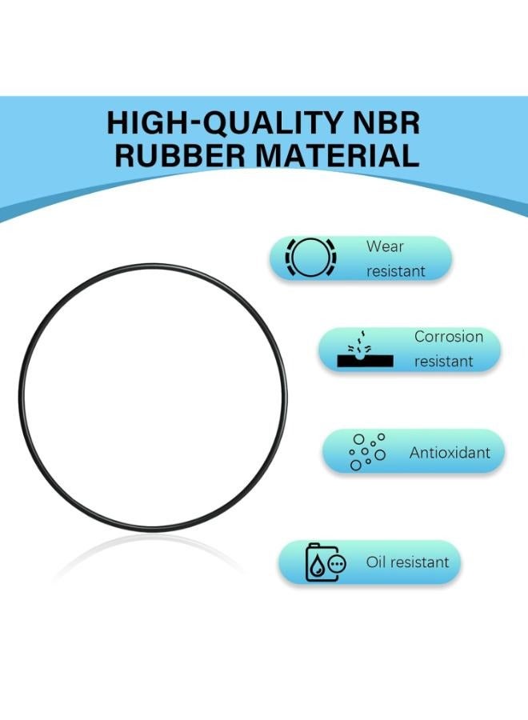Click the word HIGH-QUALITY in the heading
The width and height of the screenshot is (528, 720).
tap(225, 122)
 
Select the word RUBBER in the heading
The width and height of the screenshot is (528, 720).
tap(180, 155)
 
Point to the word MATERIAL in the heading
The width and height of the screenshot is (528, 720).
tap(337, 155)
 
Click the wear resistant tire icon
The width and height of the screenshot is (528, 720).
tap(311, 258)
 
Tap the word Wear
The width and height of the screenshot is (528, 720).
tap(385, 246)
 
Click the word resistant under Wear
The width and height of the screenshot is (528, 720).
tap(396, 271)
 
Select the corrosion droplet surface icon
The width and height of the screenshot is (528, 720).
tap(365, 349)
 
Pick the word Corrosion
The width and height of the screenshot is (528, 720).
tap(449, 336)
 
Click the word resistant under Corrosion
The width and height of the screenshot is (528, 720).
tap(443, 361)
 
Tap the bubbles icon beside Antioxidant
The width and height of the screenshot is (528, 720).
tap(367, 452)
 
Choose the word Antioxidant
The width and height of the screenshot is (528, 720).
tap(450, 453)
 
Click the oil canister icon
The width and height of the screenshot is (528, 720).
tap(326, 562)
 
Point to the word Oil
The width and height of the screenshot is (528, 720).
tap(376, 562)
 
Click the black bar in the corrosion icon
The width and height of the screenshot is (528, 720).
tap(365, 361)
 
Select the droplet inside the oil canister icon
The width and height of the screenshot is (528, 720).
tap(316, 566)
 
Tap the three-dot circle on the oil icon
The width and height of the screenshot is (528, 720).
tap(338, 563)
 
